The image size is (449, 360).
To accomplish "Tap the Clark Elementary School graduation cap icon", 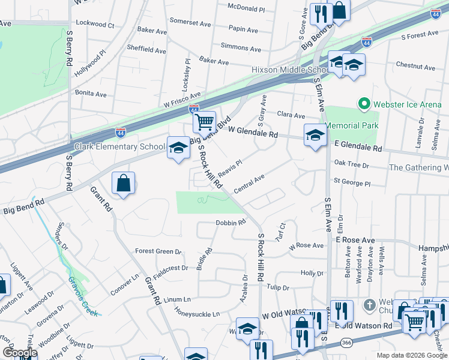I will [x=178, y=148].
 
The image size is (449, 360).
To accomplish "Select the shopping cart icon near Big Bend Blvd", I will [x=205, y=122].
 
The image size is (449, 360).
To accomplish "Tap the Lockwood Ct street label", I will [x=95, y=25].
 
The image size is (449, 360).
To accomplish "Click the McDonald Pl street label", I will [x=246, y=8].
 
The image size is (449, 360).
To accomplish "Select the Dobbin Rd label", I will [x=231, y=223].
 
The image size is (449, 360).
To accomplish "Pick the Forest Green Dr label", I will [x=158, y=251].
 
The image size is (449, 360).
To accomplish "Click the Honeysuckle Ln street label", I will [x=197, y=314].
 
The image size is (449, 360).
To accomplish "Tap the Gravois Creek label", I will [x=83, y=292].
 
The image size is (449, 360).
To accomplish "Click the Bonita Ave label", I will [x=91, y=94].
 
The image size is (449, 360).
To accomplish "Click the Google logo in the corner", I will [x=20, y=353].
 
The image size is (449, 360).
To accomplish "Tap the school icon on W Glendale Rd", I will [x=315, y=134].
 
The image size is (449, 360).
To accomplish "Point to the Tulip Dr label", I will [x=278, y=287].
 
